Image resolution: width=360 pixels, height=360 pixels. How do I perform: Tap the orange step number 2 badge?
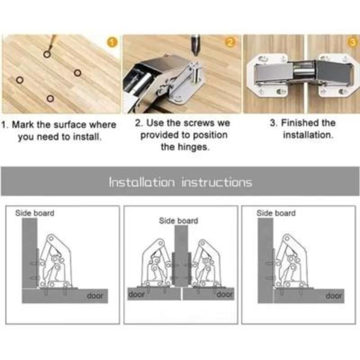pos(230,43)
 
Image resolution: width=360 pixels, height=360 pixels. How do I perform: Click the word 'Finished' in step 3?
pos(300,123)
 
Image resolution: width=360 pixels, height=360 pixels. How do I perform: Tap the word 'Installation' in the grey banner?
pos(141,182)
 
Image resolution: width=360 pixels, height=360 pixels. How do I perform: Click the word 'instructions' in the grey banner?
pos(216,182)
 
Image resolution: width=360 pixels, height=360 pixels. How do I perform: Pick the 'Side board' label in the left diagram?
pos(35,213)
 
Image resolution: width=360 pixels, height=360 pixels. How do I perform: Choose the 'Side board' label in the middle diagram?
pos(178,220)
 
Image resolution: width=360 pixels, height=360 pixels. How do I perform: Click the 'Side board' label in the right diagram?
pos(276,213)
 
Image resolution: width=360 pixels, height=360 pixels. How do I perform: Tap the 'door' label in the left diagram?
pos(94,296)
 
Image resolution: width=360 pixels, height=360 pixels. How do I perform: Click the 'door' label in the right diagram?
pos(333,296)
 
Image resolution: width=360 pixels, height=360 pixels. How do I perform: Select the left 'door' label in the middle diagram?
pos(137,294)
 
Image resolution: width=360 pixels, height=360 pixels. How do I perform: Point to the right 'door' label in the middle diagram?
pos(225,294)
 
